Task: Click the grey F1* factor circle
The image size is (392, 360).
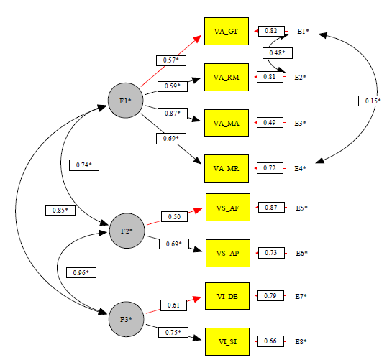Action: [124, 101]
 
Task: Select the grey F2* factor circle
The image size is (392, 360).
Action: [126, 231]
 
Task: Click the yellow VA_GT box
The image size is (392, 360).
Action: [227, 32]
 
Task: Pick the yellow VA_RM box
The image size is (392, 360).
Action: [227, 76]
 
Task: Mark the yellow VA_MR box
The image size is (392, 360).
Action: [227, 169]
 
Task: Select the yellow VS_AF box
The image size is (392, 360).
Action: [227, 208]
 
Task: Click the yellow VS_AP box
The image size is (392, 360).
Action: [227, 254]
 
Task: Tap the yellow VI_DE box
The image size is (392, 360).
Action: [227, 296]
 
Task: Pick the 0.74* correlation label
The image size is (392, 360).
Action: [85, 165]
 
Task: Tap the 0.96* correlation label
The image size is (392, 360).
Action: [81, 272]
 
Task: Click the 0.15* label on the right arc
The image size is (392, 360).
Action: [371, 101]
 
